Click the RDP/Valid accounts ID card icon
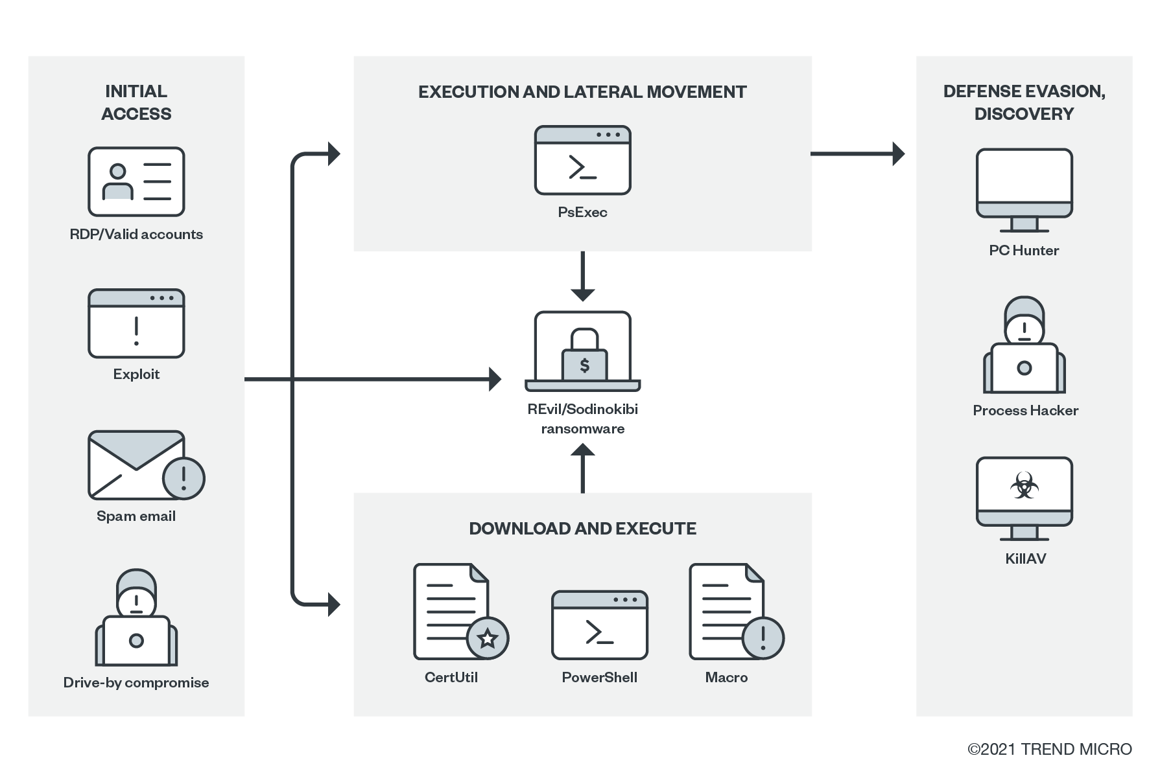(136, 181)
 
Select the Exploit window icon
(136, 323)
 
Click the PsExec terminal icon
(582, 160)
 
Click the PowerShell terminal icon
(599, 625)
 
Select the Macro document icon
(727, 611)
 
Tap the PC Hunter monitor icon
(1024, 190)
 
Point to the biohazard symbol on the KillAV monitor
(1024, 486)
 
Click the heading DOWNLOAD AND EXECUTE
(582, 529)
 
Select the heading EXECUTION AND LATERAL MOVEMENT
(582, 92)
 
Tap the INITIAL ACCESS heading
(136, 102)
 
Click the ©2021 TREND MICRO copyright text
(1049, 749)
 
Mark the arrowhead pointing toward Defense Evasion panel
(898, 154)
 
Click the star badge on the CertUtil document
(488, 638)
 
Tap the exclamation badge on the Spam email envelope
(183, 478)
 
